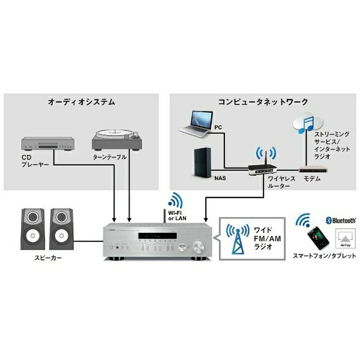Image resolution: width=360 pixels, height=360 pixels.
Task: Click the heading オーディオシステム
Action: [x=82, y=103]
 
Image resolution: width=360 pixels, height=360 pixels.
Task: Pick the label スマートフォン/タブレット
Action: [x=324, y=256]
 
